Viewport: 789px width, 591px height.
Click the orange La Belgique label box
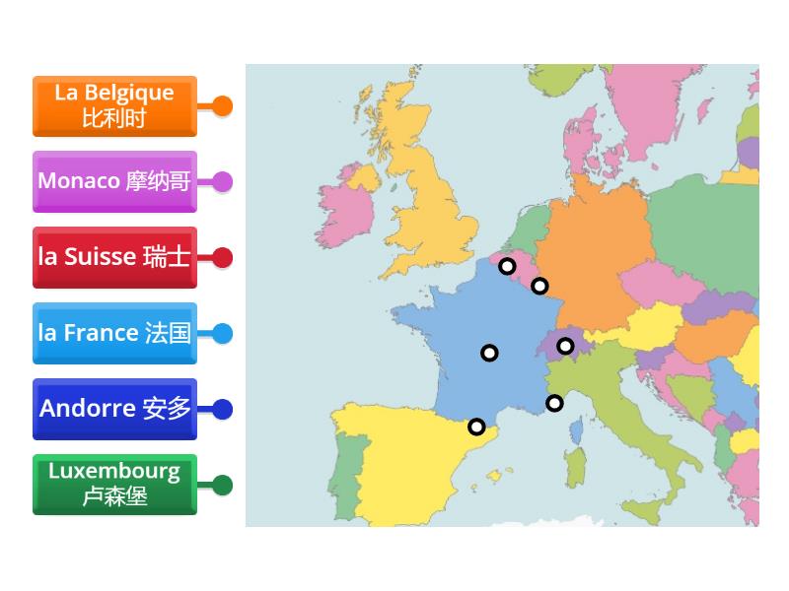[114, 105]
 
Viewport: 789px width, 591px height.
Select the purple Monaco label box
[114, 181]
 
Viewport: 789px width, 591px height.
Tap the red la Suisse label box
[114, 257]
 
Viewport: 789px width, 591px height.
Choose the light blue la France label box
[114, 333]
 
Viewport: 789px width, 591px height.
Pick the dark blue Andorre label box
[114, 409]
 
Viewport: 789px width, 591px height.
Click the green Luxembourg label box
[114, 484]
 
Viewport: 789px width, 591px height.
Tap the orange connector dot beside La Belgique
[223, 105]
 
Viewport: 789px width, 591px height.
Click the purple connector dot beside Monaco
[223, 181]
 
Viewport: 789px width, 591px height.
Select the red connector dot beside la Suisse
[223, 257]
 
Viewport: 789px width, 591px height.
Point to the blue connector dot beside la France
[223, 333]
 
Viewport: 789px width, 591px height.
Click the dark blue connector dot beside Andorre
[223, 409]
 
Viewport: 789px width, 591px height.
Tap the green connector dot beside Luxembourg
[223, 485]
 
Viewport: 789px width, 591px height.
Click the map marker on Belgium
[507, 266]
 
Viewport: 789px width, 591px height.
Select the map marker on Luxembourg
[539, 286]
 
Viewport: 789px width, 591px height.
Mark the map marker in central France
[489, 353]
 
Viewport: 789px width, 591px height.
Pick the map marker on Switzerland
[565, 346]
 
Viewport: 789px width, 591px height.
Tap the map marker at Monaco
[554, 403]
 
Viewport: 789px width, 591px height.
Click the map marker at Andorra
[476, 427]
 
